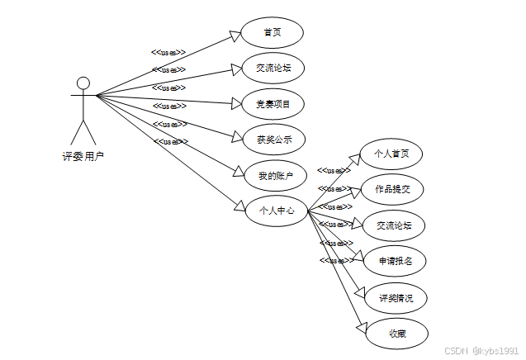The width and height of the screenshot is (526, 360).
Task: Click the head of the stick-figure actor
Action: point(83,83)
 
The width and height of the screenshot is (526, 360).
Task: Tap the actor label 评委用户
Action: point(83,156)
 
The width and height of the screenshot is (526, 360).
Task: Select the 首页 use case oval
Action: point(272,33)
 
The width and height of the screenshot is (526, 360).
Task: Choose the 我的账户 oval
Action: point(275,175)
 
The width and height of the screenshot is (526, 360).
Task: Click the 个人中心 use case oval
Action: point(277,211)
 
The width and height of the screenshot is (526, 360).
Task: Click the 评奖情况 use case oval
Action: point(396,297)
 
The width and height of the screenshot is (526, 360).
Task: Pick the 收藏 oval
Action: point(396,334)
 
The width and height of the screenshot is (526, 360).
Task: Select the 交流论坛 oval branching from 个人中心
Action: point(393,225)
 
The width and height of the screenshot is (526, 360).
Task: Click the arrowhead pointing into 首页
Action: point(235,35)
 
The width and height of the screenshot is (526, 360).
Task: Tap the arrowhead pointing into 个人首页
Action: point(356,157)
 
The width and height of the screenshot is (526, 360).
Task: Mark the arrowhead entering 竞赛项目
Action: point(235,104)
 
